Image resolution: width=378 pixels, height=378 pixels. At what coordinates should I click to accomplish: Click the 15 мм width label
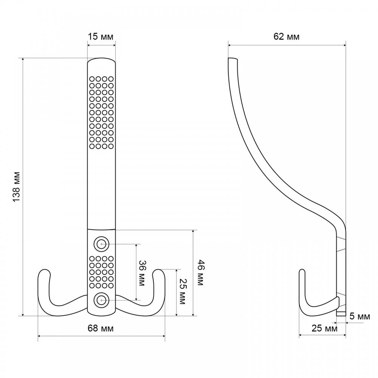(100, 37)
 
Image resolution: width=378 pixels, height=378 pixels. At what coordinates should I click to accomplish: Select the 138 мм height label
(16, 187)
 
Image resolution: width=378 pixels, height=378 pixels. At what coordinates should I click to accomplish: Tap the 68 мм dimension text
(100, 328)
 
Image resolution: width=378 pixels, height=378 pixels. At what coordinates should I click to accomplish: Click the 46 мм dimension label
(201, 273)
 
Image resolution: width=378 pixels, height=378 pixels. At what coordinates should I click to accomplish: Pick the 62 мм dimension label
(287, 37)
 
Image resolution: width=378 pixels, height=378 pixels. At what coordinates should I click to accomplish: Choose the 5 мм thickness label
(360, 316)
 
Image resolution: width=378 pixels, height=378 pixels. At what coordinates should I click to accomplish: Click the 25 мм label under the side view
(324, 328)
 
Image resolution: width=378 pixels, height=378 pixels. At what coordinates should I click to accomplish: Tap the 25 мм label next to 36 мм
(182, 292)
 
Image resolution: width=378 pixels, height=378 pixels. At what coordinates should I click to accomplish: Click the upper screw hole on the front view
(101, 244)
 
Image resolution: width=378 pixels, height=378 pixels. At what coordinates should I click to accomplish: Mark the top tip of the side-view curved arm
(232, 58)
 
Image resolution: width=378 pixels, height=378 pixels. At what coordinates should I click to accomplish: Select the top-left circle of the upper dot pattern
(92, 79)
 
